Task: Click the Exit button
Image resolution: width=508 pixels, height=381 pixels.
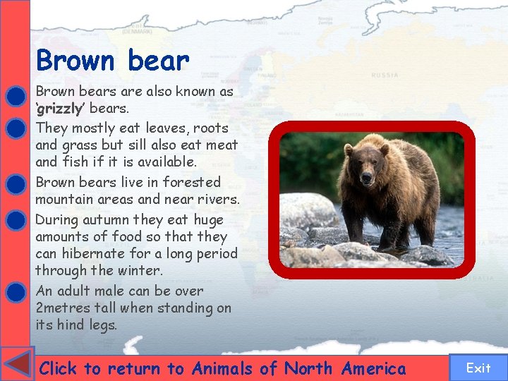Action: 478,368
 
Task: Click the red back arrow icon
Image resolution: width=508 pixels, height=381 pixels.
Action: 17,364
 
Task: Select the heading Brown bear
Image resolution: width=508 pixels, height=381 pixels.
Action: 113,61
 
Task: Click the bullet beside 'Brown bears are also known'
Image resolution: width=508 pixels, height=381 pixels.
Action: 15,95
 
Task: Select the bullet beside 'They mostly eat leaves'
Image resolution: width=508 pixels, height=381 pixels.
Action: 15,129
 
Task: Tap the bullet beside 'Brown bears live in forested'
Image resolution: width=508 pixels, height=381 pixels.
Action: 15,184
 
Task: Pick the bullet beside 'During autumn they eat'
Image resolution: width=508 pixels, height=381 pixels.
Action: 15,221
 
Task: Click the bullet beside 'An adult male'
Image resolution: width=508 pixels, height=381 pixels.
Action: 15,292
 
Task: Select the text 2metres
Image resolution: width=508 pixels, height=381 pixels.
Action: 64,308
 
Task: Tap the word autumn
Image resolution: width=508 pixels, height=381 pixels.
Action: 108,219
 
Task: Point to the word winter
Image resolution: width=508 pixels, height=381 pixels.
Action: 140,270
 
